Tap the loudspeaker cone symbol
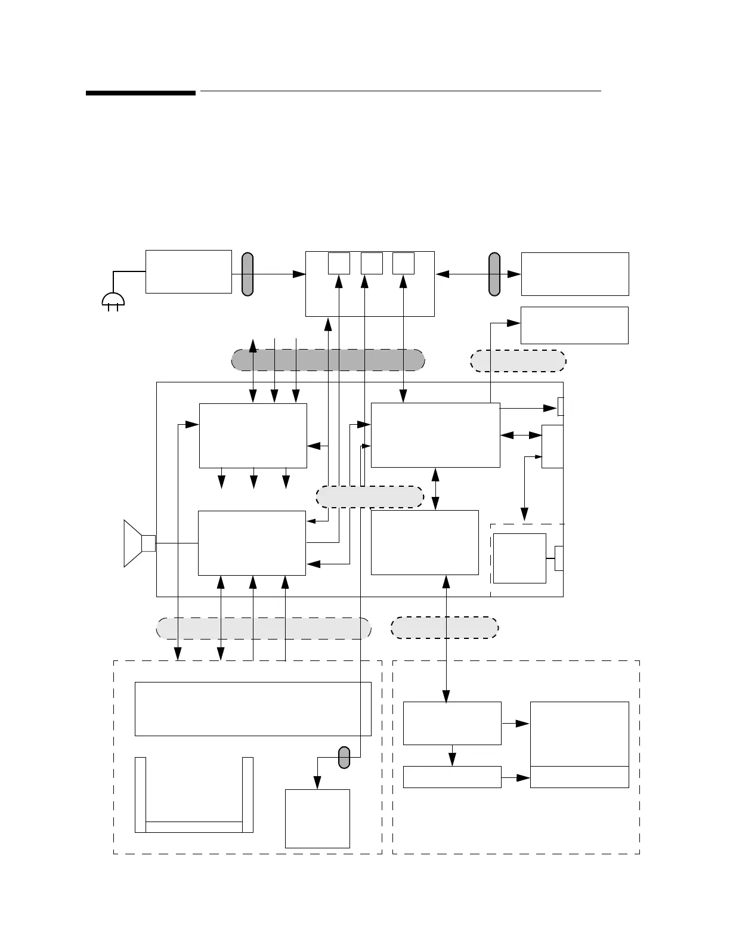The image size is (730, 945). click(x=132, y=543)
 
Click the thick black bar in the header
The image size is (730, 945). click(x=141, y=93)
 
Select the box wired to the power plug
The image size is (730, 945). click(x=188, y=271)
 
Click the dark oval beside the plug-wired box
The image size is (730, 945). click(x=247, y=274)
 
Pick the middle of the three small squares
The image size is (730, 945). click(x=372, y=263)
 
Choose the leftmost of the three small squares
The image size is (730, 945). click(x=339, y=263)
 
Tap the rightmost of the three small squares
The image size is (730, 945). click(x=403, y=263)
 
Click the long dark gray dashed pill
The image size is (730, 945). click(x=328, y=360)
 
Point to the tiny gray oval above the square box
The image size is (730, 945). click(x=344, y=757)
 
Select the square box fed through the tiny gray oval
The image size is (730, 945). click(x=317, y=818)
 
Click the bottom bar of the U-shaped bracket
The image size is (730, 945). click(x=194, y=826)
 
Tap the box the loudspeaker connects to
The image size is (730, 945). click(x=252, y=543)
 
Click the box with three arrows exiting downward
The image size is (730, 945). click(x=253, y=435)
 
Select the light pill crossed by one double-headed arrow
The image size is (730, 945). click(x=444, y=628)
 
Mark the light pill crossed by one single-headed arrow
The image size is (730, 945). click(x=518, y=360)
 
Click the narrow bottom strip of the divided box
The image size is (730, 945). click(x=579, y=777)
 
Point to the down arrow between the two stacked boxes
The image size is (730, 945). click(x=453, y=756)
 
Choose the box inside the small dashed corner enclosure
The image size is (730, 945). click(x=519, y=558)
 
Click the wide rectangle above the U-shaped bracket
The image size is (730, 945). click(x=253, y=709)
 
